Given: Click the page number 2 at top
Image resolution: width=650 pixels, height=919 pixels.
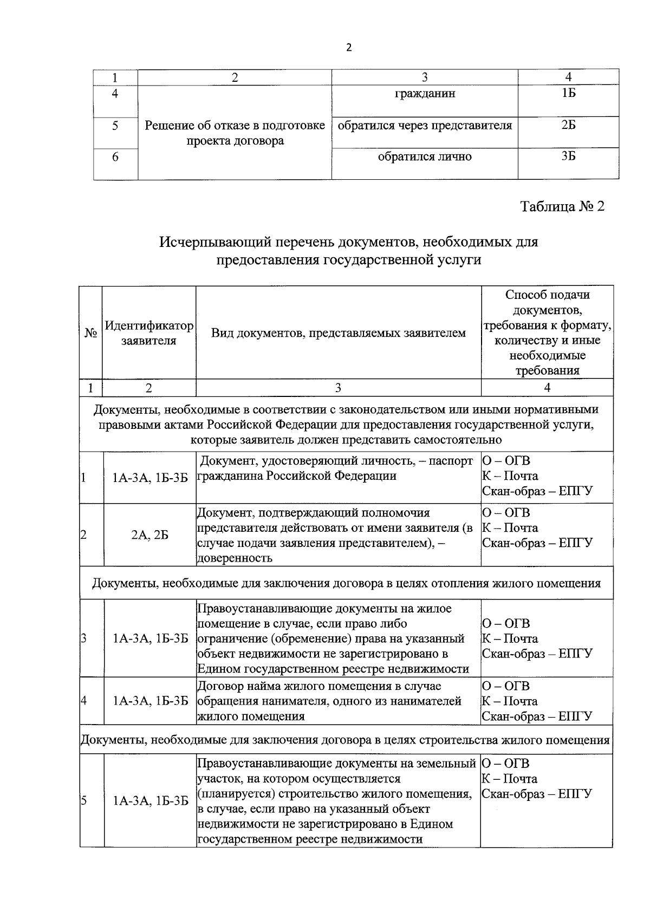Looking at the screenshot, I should pyautogui.click(x=348, y=48).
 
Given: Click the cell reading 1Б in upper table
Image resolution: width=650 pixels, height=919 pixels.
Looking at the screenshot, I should pyautogui.click(x=568, y=94).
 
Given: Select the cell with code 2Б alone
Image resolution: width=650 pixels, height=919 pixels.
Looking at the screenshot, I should pyautogui.click(x=568, y=126).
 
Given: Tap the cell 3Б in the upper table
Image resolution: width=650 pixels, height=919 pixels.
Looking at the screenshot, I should pyautogui.click(x=568, y=157).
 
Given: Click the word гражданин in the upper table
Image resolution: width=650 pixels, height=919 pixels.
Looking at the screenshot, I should pyautogui.click(x=425, y=94).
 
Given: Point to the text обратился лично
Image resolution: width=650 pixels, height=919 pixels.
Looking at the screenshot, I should pyautogui.click(x=425, y=157).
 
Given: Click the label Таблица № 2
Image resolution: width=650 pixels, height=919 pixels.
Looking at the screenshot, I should pyautogui.click(x=562, y=206).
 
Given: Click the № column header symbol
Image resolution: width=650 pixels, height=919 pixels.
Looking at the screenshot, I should pyautogui.click(x=90, y=333).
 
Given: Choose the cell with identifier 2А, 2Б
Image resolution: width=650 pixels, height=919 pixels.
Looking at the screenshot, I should pyautogui.click(x=149, y=535).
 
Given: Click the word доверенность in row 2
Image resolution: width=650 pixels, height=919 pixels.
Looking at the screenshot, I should pyautogui.click(x=235, y=558).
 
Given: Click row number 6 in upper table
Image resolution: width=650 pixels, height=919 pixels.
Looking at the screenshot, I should pyautogui.click(x=115, y=157).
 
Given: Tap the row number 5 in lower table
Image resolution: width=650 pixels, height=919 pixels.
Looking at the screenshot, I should pyautogui.click(x=84, y=801).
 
